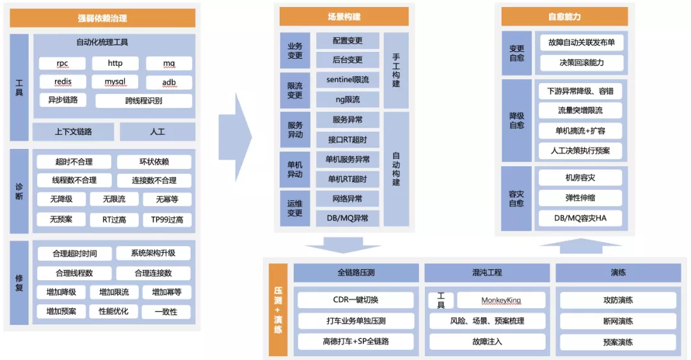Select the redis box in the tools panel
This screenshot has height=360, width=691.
pos(62,82)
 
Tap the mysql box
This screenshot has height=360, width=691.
pos(115,82)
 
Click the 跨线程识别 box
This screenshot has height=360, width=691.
pos(143,101)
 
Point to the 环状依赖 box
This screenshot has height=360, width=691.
pos(154,162)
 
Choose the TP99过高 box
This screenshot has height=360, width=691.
pos(167,219)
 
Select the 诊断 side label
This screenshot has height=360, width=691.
pos(19,191)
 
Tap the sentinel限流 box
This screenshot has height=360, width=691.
pos(347,80)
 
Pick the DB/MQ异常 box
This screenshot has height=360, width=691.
pos(347,218)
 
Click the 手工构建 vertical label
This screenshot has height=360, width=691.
pos(396,70)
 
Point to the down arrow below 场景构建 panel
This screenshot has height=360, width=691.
pos(343,245)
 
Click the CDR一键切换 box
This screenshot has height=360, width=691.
pos(355,300)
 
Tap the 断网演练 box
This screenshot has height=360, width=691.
pos(617,321)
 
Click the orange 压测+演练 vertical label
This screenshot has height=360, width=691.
pos(278,309)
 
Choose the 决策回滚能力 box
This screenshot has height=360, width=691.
pos(581,63)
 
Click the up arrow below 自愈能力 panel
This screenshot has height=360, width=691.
pos(580,245)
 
